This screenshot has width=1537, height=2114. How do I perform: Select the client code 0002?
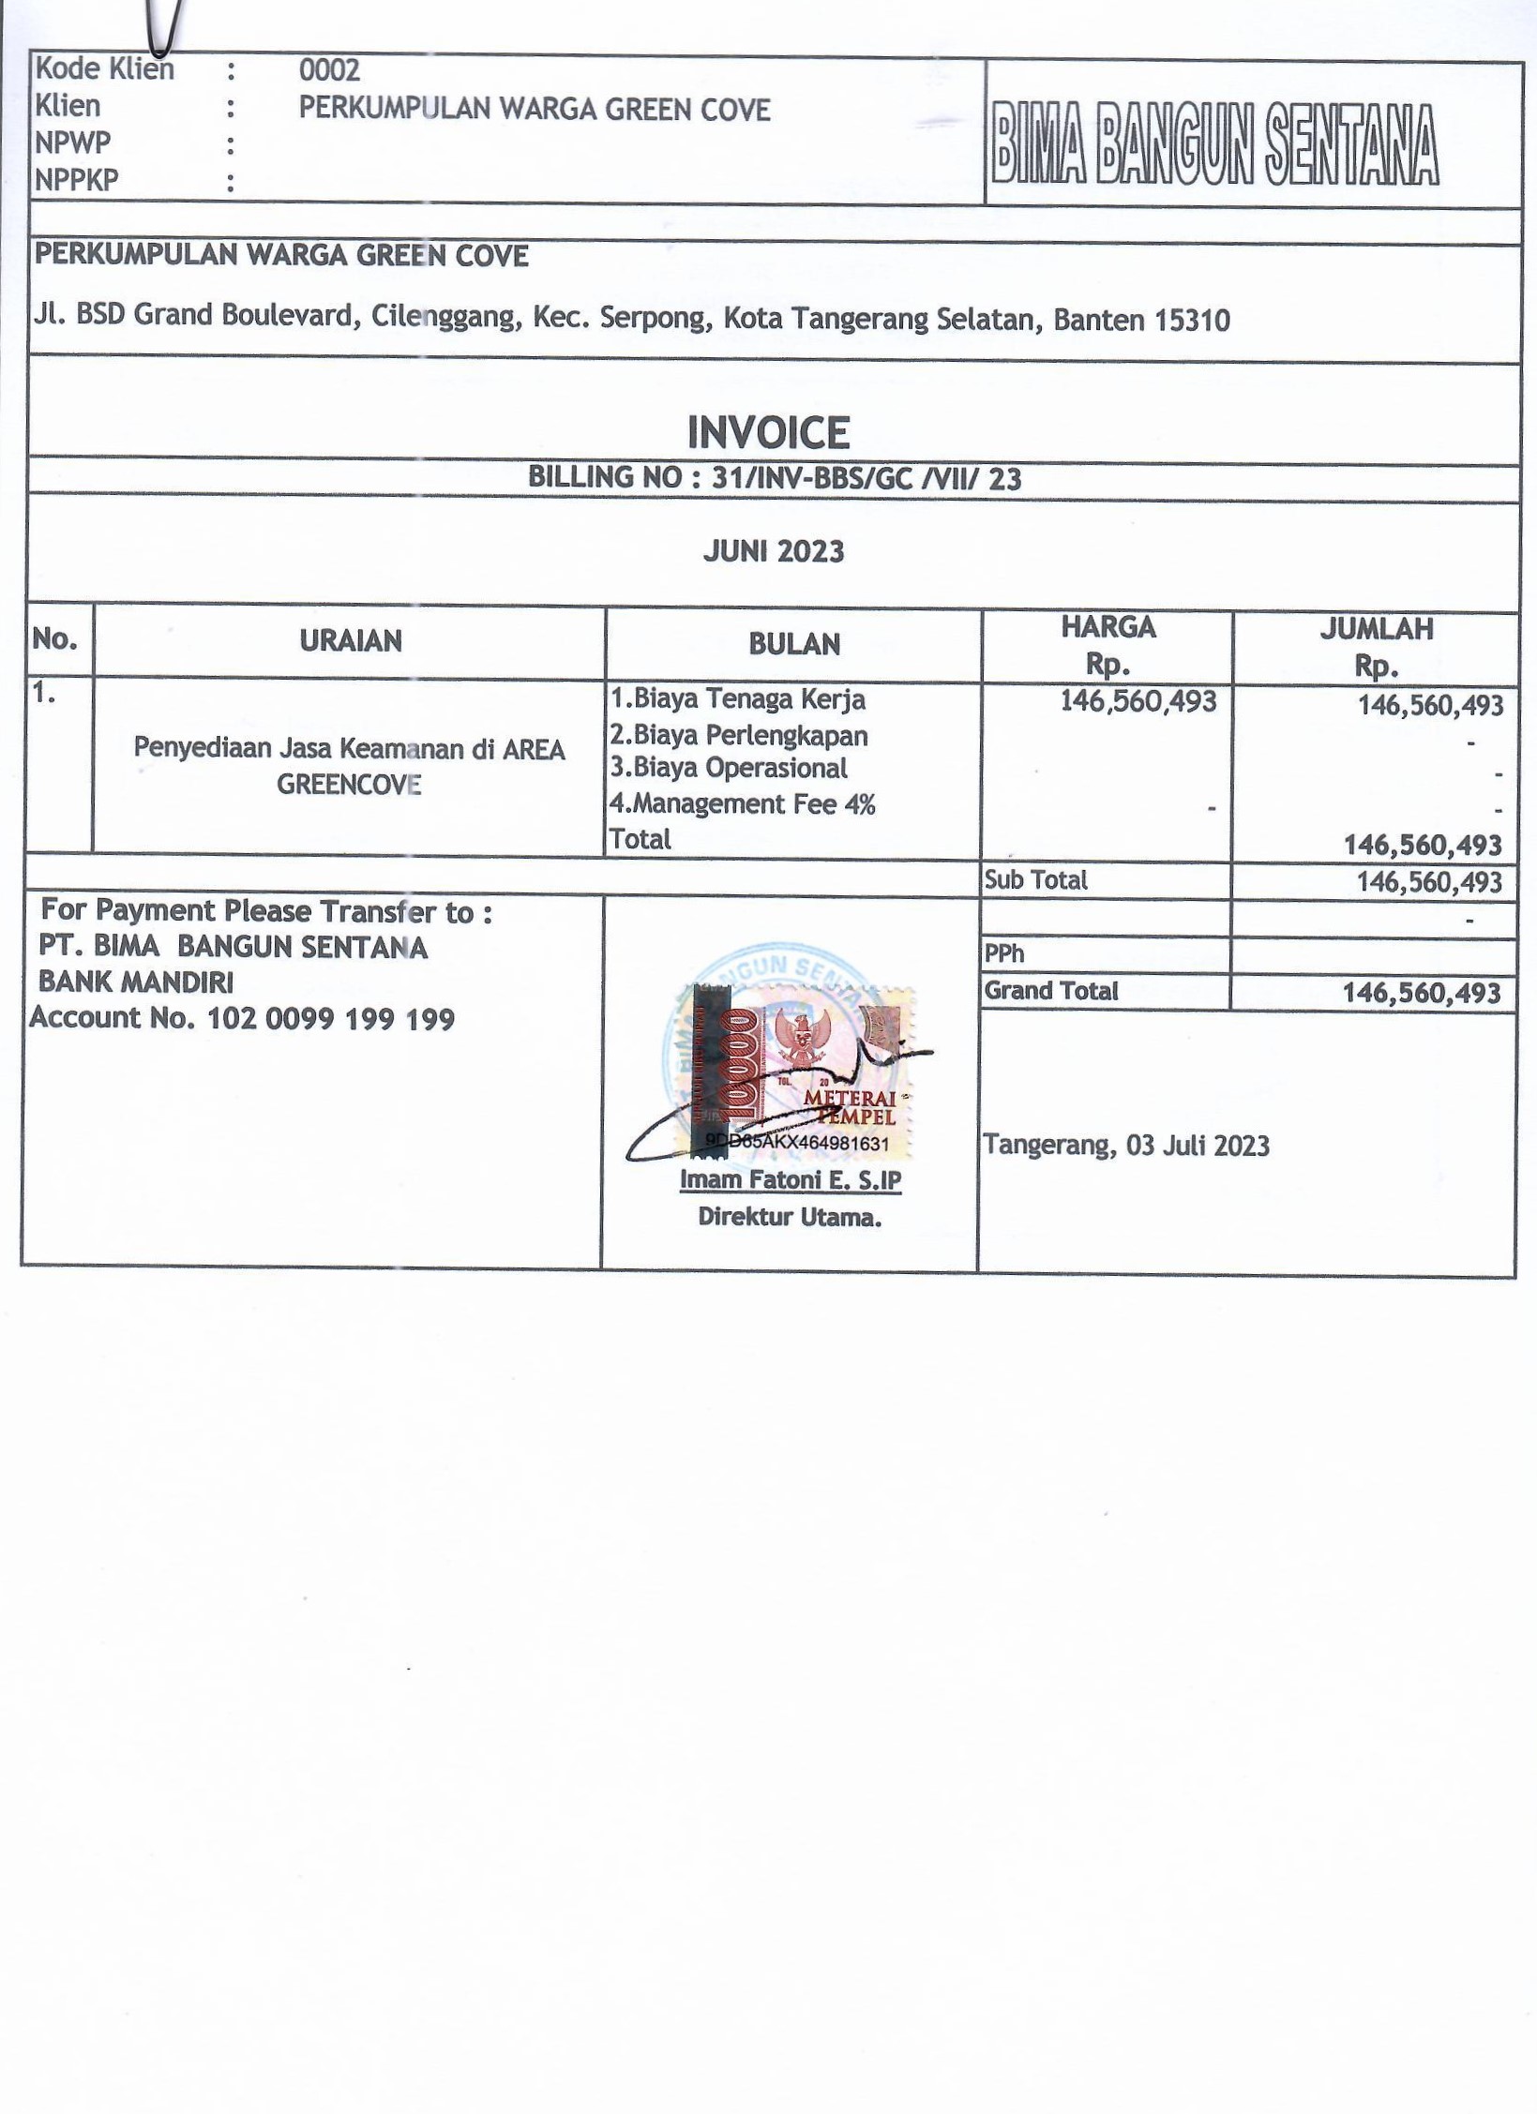329,70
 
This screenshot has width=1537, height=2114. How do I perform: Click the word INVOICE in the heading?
768,433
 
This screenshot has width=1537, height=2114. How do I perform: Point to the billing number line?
774,478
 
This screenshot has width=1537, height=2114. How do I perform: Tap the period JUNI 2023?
774,551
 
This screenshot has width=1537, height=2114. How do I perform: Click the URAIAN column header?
351,641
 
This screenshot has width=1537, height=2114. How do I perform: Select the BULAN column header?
793,645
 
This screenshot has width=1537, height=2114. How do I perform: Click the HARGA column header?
1108,627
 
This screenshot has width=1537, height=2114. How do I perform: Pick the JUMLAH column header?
1376,629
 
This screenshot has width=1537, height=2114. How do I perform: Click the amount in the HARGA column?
1138,701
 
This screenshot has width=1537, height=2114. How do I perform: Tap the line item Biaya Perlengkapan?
739,736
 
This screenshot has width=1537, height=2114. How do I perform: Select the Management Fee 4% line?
742,804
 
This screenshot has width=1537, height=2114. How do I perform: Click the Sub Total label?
1035,880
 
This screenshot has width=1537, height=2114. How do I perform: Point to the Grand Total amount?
1422,993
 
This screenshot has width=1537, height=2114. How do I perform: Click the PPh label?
1003,954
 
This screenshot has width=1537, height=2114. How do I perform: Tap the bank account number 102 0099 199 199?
330,1019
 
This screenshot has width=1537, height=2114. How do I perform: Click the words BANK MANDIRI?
136,982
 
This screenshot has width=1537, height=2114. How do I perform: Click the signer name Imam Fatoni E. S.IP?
790,1179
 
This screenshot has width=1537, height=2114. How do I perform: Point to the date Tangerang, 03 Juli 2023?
1125,1146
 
